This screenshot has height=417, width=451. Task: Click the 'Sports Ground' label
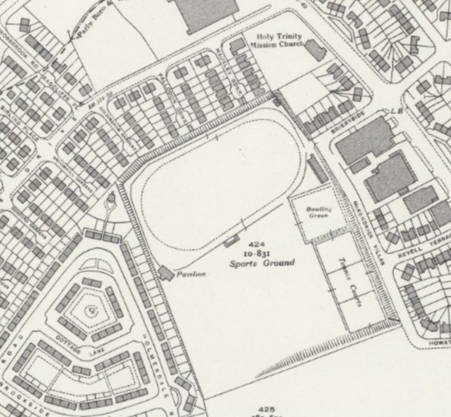coord(262,263)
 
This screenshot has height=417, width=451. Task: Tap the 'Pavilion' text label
coord(191,275)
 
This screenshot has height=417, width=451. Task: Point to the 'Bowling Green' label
coord(318,212)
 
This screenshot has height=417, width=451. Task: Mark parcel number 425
coord(268,409)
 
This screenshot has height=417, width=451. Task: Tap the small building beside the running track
coord(231,240)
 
